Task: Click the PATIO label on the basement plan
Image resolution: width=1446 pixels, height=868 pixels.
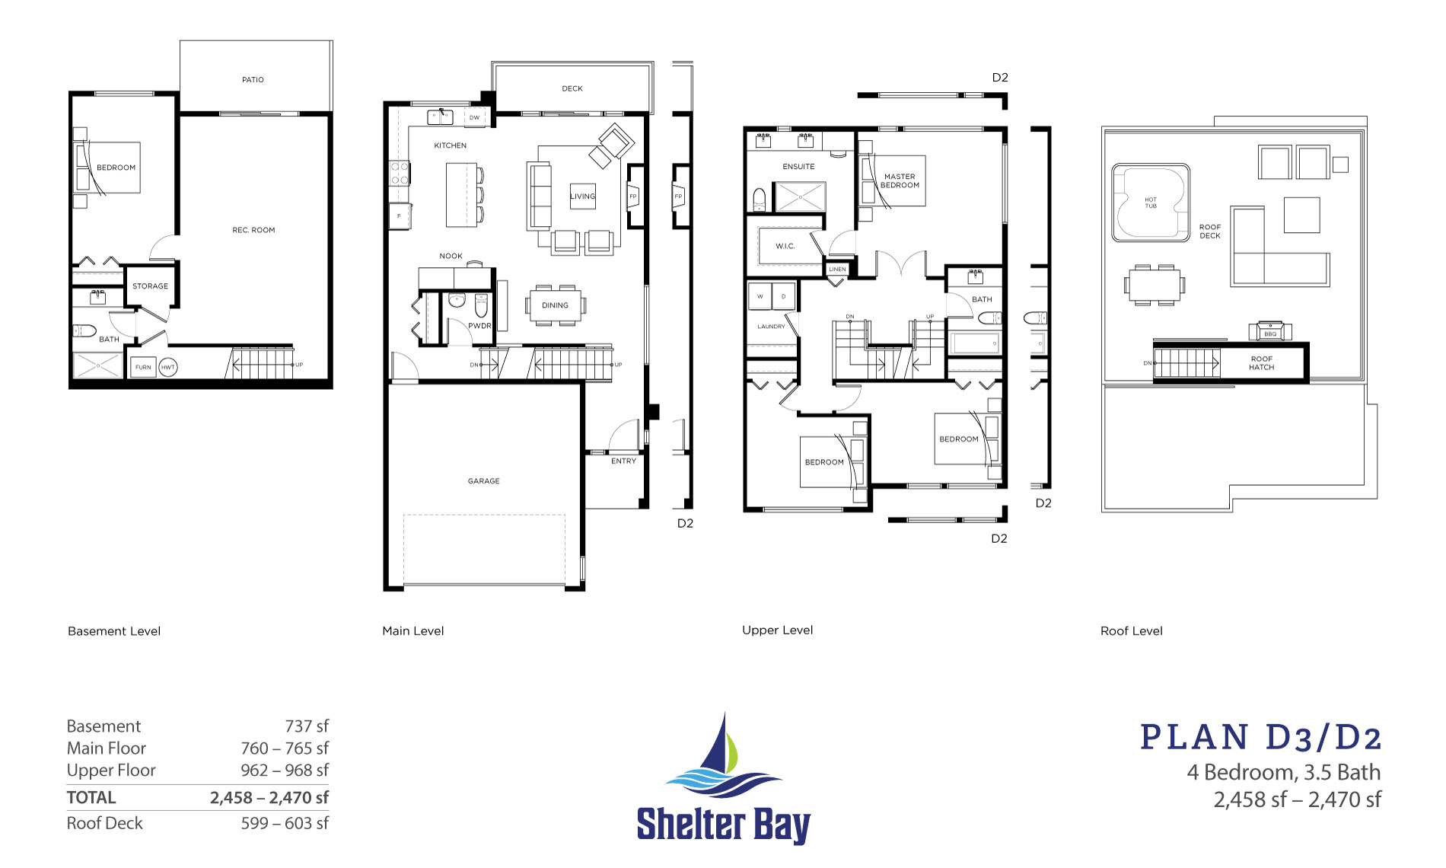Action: coord(253,80)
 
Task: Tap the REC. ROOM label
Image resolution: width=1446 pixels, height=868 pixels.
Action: coord(253,230)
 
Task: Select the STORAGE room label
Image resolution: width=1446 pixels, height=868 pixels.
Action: coord(150,286)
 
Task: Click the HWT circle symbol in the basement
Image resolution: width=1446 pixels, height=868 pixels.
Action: coord(168,367)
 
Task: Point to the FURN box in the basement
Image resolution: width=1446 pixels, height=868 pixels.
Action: coord(143,367)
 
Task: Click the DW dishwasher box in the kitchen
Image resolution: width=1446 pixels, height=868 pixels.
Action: coord(474,118)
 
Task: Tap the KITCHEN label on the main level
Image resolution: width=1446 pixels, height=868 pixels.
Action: coord(451,145)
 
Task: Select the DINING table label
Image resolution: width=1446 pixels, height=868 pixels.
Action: coord(555,305)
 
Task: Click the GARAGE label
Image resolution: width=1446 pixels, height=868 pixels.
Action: coord(483,481)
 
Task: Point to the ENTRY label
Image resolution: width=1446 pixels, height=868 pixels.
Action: coord(623,461)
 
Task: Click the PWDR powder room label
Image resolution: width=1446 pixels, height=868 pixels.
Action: coord(479,326)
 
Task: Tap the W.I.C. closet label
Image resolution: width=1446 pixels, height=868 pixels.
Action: coord(785,246)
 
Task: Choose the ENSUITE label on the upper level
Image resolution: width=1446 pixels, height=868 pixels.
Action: coord(798,167)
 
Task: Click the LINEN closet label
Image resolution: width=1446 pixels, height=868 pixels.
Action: coord(837,270)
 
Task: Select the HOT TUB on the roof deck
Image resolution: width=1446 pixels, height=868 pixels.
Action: coord(1150,203)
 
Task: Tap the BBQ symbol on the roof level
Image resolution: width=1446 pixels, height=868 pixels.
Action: coord(1270,333)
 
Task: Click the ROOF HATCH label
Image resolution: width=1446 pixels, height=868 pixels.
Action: coord(1261,363)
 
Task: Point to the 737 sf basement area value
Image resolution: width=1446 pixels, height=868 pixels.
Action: coord(307,726)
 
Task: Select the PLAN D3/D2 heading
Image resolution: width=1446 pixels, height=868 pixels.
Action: coord(1260,738)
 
